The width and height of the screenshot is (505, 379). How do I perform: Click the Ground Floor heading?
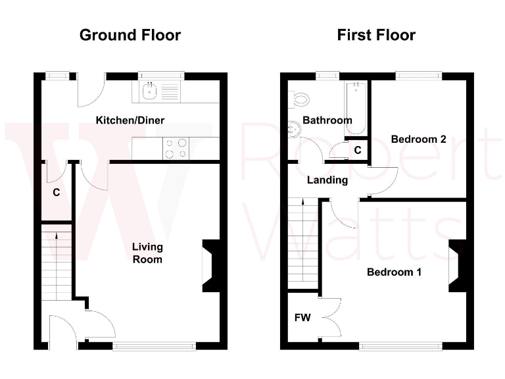click(130, 35)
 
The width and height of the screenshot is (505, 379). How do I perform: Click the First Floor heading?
click(376, 35)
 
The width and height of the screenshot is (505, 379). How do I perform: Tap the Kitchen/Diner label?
click(130, 120)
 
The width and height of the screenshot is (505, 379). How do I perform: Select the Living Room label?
click(147, 253)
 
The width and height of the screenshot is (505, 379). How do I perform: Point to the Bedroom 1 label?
click(394, 272)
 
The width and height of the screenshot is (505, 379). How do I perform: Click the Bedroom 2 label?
click(418, 139)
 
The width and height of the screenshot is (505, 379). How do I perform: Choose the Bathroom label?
click(327, 120)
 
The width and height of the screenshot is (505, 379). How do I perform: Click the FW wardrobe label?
click(302, 318)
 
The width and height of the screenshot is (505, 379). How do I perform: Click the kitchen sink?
click(150, 91)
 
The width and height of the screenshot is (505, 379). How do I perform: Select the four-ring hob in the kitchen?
click(175, 148)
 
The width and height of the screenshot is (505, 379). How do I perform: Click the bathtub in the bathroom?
click(355, 107)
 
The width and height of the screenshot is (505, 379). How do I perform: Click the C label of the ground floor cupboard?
click(57, 193)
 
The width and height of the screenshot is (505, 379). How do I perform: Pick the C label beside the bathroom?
click(358, 151)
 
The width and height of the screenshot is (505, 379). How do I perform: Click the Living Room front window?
click(154, 345)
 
